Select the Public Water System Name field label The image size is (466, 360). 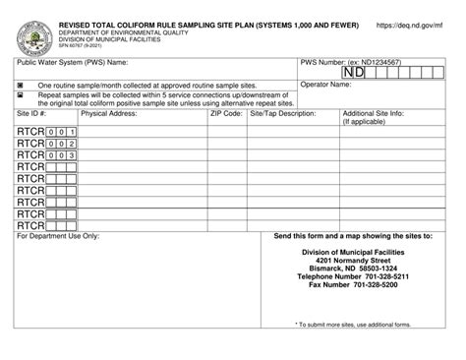pos(69,62)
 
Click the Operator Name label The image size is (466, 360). pos(325,86)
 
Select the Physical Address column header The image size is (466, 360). pos(108,114)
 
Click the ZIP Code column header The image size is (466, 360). pos(226,114)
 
